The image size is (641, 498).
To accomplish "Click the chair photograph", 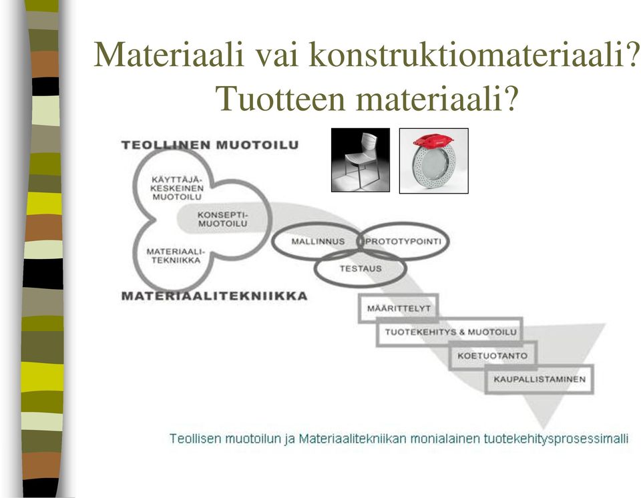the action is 360,160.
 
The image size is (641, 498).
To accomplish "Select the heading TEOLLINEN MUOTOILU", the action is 210,145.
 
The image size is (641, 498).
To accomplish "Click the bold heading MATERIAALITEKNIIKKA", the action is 214,296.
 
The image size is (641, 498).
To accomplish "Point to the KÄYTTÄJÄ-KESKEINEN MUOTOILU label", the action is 176,188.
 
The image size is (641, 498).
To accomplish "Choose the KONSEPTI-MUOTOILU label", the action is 223,220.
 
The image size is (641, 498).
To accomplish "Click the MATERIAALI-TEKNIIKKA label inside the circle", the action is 176,256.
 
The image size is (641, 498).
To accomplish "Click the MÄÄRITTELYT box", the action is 399,308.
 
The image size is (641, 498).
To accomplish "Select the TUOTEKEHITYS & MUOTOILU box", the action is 449,332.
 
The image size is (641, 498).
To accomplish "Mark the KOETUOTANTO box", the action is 493,356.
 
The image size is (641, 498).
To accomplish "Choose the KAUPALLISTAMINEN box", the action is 540,379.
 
